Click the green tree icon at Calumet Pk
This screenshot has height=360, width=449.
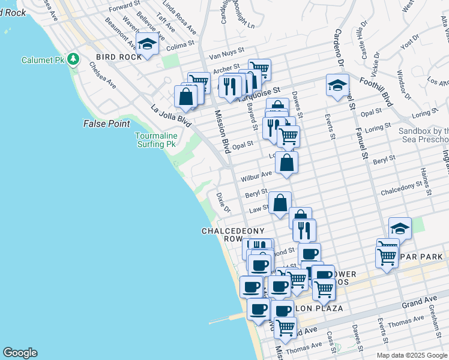[73, 59]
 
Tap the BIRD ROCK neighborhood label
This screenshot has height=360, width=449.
[119, 57]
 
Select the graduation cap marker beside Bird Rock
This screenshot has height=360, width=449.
[147, 43]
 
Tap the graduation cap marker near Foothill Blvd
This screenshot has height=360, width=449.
[337, 85]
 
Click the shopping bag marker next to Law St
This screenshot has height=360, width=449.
[280, 203]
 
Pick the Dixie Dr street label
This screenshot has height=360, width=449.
[223, 202]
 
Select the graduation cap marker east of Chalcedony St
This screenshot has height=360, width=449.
[400, 228]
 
